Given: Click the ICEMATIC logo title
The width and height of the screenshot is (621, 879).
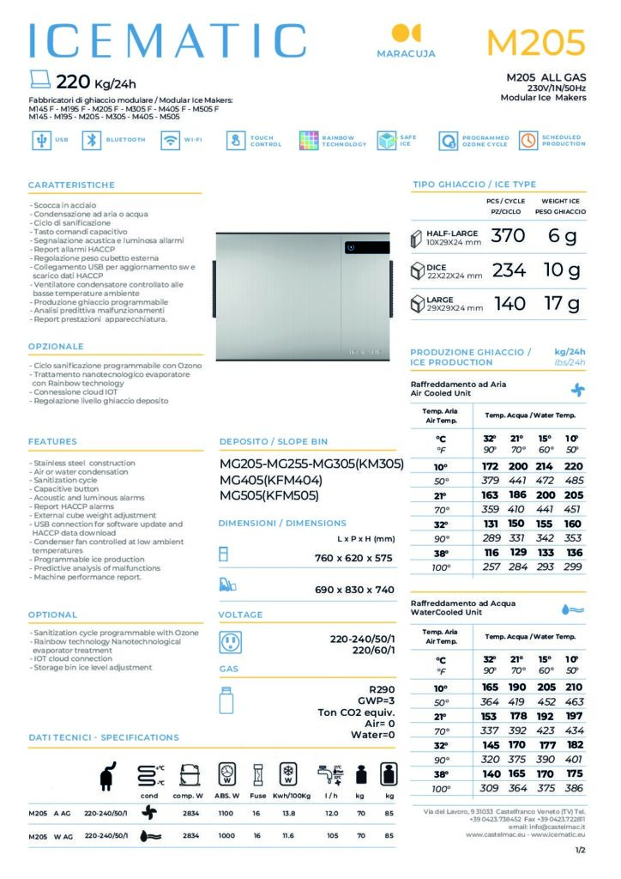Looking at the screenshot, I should (167, 40).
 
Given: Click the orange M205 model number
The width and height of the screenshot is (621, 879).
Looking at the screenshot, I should (535, 41).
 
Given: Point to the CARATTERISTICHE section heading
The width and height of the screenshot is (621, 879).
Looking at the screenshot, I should (71, 185).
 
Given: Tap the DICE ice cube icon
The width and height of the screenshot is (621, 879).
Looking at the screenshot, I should (418, 271).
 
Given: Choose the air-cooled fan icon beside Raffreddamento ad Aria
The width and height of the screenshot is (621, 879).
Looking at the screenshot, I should (578, 389).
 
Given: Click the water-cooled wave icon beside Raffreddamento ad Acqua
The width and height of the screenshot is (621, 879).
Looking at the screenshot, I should (572, 609).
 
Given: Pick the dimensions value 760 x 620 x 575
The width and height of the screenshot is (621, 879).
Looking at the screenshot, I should (353, 558).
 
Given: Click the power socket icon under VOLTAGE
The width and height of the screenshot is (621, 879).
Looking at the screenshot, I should (230, 642).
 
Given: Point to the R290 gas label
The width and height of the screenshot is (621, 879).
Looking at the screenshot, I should (380, 688).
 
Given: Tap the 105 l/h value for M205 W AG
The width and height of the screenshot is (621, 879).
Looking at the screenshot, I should (331, 834).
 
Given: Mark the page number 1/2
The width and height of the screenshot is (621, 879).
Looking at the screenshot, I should (581, 850).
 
